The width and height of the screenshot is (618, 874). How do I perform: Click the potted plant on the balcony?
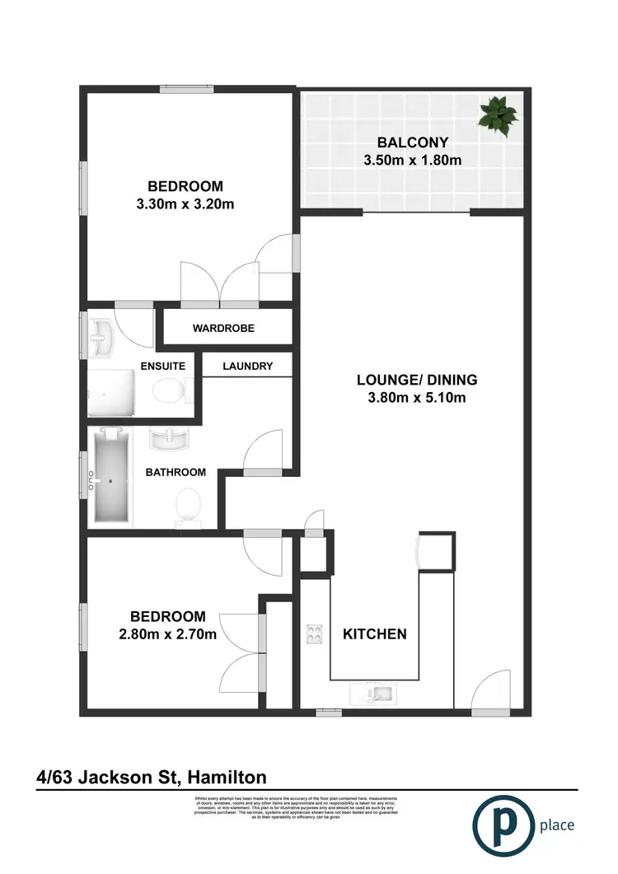[498, 115]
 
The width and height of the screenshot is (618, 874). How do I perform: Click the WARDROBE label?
[223, 328]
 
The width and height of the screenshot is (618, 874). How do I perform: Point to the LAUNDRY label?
[247, 366]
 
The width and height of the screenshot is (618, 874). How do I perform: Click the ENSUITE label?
[162, 366]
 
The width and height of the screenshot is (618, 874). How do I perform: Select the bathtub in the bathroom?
[110, 475]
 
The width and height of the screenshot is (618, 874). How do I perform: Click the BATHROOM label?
[176, 472]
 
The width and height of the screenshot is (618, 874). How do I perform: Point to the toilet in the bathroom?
[189, 504]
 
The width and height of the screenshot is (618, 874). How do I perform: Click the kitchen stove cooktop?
[314, 633]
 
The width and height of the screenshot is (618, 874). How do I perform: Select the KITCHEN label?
[375, 633]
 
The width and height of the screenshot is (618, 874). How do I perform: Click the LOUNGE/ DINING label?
[417, 380]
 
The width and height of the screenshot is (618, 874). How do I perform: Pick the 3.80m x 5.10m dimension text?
[417, 399]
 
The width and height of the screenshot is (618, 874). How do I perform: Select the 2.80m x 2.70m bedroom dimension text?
[167, 633]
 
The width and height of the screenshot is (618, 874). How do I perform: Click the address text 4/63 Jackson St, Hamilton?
[152, 777]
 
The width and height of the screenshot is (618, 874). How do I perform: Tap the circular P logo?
[501, 825]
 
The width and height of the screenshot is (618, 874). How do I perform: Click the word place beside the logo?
[557, 825]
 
